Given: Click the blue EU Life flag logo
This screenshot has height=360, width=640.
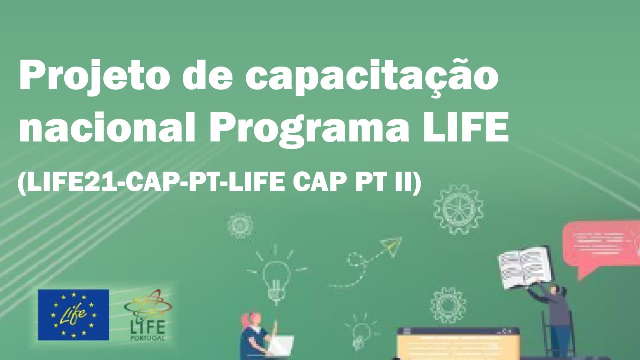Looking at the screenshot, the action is point(73,315).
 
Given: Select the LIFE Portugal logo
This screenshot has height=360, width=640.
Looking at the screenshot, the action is point(148,315).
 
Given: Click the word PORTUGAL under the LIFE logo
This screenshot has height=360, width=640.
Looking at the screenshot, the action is point(147,338).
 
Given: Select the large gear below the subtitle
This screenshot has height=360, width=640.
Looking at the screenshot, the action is point(458,209).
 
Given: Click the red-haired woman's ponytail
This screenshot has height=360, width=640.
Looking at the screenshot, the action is point(245,320).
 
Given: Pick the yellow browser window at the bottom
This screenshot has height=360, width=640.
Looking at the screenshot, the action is point(458,344).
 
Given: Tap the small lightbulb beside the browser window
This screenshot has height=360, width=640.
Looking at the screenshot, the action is point(361,333).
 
